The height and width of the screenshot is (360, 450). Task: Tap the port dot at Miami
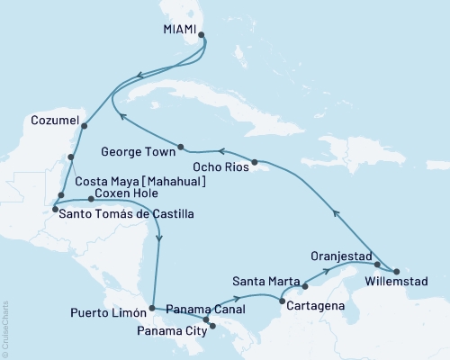tap(202, 37)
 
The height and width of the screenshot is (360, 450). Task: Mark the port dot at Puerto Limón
tap(151, 309)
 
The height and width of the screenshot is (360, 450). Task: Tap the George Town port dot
tap(181, 147)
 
